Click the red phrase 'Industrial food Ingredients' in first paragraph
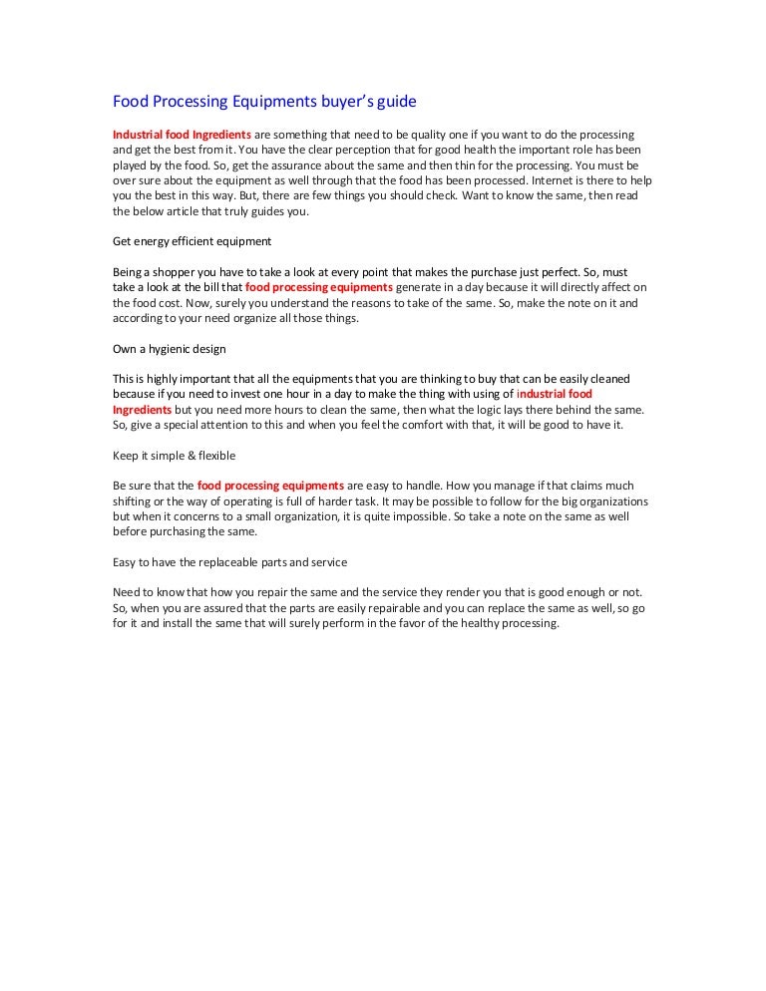(181, 135)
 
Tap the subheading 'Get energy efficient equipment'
(191, 241)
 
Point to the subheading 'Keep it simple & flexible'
(175, 456)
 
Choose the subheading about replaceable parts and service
(229, 562)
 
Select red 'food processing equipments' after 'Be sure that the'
(271, 486)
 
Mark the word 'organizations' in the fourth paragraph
(611, 501)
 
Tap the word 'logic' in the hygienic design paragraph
(526, 410)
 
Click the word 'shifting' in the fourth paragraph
(134, 501)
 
